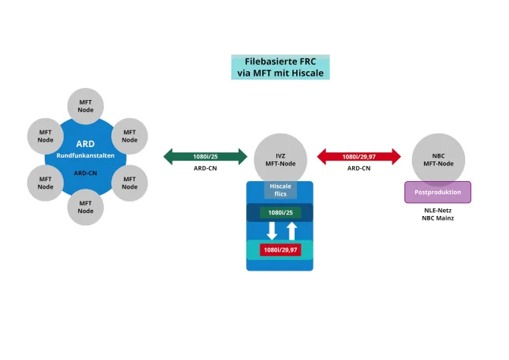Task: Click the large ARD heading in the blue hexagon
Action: click(x=85, y=143)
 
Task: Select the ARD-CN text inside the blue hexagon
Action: click(x=85, y=173)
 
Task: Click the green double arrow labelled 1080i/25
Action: click(x=205, y=157)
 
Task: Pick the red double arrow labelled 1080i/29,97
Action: click(x=358, y=157)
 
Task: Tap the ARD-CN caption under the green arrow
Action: click(x=205, y=168)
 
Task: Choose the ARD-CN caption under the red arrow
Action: click(x=358, y=168)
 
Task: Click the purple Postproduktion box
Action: click(x=438, y=192)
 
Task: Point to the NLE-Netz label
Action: click(x=438, y=210)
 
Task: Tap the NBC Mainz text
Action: click(x=438, y=218)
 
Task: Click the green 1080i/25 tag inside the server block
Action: click(x=280, y=213)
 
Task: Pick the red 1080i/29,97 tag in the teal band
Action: click(x=280, y=249)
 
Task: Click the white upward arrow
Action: click(x=291, y=230)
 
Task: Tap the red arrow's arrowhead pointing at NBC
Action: click(x=395, y=157)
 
